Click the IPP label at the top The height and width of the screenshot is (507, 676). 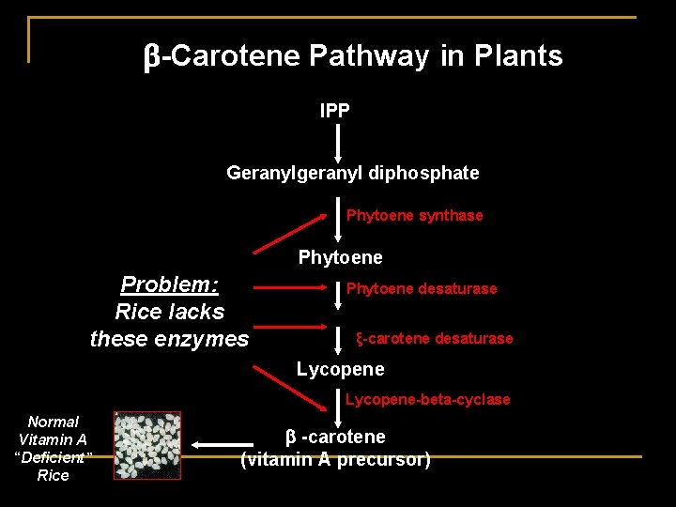click(335, 111)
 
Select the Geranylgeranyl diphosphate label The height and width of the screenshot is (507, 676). click(352, 173)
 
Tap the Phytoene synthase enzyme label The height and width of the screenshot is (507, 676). click(414, 215)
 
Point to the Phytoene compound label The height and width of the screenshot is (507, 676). click(340, 257)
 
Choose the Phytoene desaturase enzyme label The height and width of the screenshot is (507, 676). click(422, 288)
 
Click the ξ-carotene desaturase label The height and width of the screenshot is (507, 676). click(434, 338)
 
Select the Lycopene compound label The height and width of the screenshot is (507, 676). click(340, 369)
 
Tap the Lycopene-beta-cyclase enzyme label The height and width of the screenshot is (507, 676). click(427, 399)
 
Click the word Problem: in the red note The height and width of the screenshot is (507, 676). click(170, 284)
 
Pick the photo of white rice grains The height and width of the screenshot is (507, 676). click(147, 446)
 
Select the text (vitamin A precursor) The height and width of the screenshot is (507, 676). click(335, 460)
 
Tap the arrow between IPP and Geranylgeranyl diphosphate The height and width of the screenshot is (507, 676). click(338, 142)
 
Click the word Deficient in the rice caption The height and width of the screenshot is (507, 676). click(54, 457)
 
